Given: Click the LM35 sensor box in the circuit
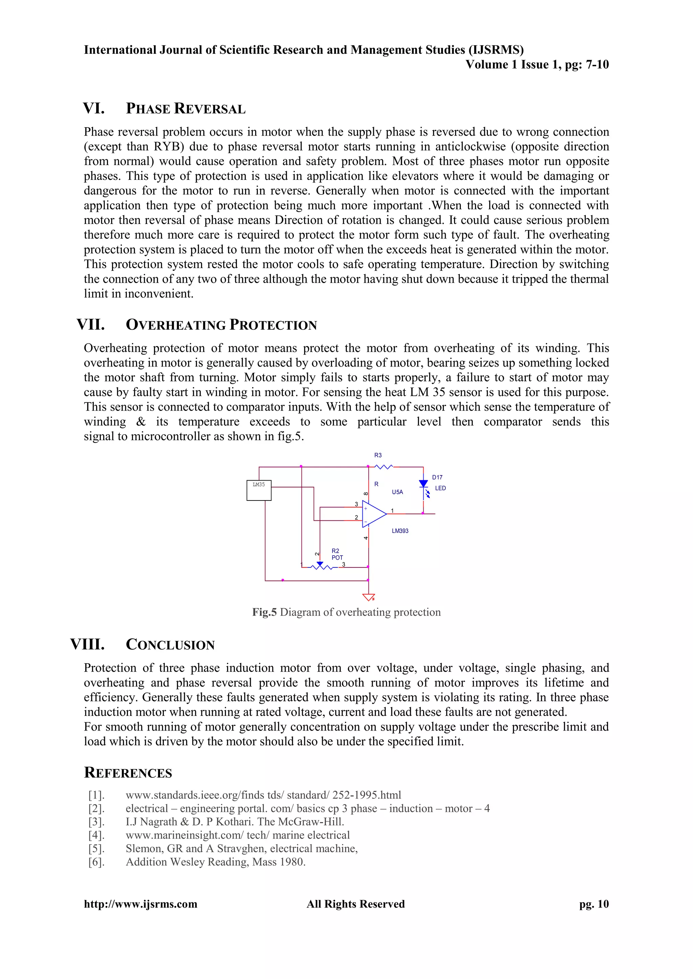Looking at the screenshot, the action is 259,490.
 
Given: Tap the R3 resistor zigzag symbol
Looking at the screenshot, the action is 384,467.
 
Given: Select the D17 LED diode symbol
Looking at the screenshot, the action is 423,484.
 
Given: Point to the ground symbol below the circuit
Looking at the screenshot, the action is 368,597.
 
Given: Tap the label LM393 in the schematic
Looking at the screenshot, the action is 400,531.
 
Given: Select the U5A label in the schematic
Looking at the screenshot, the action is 397,492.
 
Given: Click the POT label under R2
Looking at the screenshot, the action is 337,558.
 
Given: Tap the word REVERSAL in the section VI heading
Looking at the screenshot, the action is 209,109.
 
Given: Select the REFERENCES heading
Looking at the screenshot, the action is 128,773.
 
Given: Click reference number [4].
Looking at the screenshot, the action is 96,835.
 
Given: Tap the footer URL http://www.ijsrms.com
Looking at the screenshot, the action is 140,904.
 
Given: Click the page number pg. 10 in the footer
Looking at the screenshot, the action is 594,904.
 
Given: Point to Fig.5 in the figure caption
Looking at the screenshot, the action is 264,612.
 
